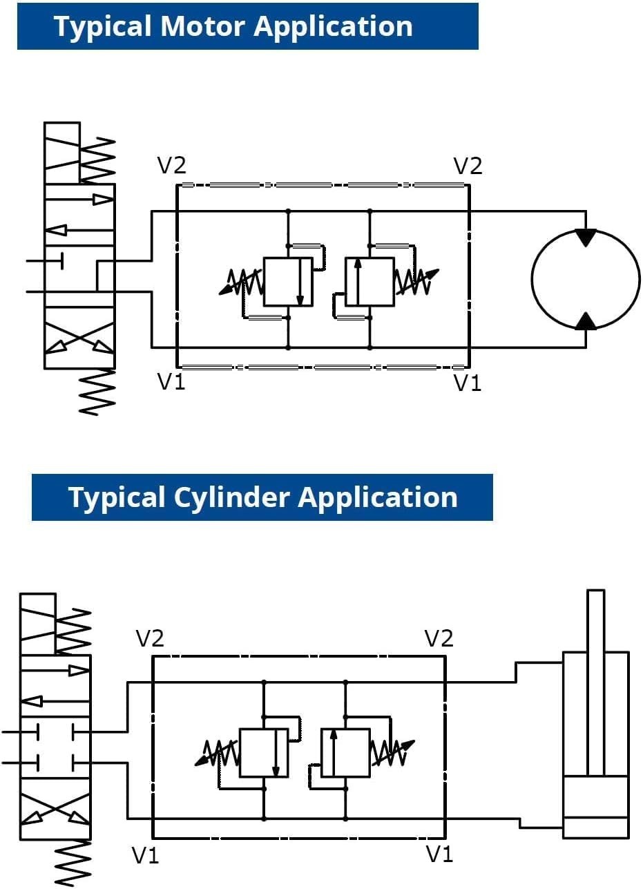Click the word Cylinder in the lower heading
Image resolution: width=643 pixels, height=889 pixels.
231,497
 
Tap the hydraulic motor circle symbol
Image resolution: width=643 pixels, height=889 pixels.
586,279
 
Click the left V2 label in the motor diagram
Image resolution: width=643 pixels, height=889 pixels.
172,165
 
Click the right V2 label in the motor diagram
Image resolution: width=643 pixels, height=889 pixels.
468,166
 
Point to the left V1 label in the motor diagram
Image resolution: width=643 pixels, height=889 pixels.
171,381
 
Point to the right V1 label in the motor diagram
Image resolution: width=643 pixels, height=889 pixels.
467,383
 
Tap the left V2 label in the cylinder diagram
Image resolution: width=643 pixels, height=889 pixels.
150,638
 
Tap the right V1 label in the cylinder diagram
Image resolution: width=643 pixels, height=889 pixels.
440,854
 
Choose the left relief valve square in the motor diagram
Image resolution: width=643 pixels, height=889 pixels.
288,282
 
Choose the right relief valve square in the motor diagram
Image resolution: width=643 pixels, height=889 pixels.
370,282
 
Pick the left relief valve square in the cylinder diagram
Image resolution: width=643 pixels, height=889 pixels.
264,752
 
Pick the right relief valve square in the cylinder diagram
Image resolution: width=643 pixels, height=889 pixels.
345,752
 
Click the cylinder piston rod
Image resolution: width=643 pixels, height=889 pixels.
596,682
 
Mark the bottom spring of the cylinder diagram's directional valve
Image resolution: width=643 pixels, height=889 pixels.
73,863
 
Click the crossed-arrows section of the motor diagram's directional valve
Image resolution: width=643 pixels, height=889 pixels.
79,338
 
